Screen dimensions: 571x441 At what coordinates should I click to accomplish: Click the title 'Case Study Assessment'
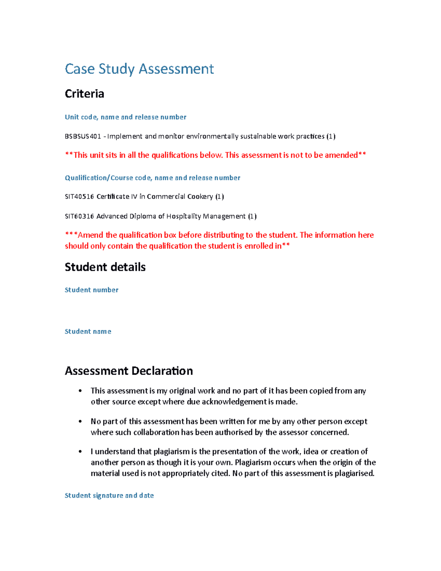point(139,69)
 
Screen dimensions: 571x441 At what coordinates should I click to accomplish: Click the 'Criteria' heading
point(85,94)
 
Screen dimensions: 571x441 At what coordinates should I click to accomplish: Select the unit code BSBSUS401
point(83,136)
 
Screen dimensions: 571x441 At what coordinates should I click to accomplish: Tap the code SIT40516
point(79,197)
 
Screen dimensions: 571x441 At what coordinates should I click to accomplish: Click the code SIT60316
point(79,216)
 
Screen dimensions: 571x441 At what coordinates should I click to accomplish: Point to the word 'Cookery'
point(200,197)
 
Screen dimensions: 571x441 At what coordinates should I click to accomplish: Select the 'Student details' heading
point(105,267)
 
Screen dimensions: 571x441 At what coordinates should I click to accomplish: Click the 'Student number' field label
point(92,290)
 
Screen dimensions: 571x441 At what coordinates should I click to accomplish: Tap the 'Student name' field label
point(88,332)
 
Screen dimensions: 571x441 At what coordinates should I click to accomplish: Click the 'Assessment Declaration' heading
point(129,371)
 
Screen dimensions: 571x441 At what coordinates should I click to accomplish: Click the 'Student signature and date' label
point(109,496)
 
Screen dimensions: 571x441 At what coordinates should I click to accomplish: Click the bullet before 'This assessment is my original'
point(80,391)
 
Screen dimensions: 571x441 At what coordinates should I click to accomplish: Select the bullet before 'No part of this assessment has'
point(80,421)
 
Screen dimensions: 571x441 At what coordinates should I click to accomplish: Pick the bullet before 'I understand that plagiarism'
point(80,452)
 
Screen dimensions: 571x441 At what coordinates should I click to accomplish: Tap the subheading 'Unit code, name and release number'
point(125,117)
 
